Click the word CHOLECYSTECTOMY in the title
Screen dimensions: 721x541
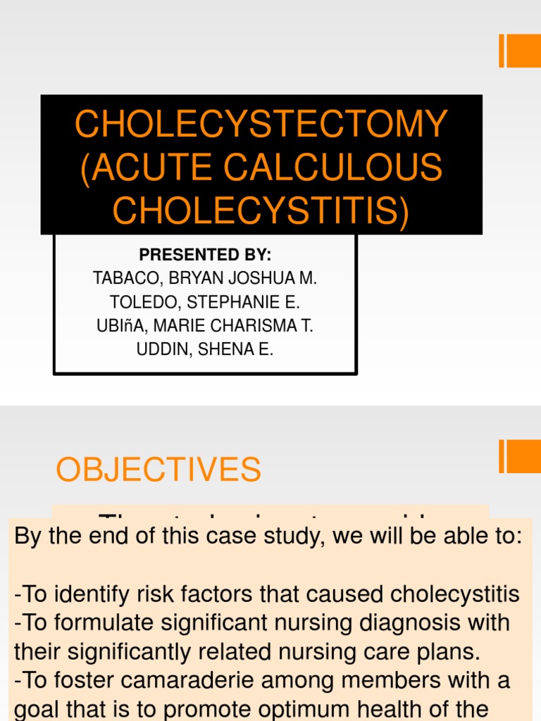point(261,125)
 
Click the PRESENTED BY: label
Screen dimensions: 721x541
point(205,254)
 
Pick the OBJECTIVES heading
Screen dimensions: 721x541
point(158,470)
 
